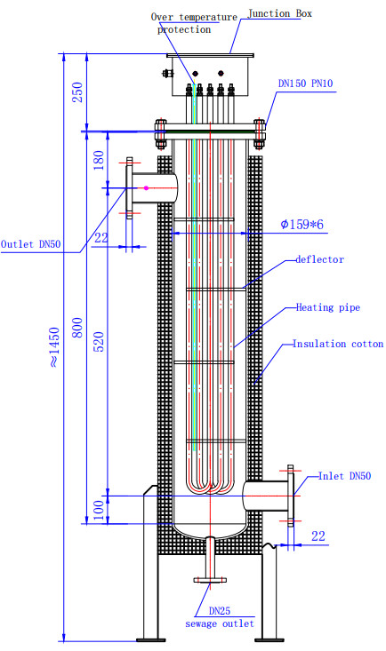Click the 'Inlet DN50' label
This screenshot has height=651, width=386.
click(344, 477)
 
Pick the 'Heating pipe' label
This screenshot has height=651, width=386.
click(324, 308)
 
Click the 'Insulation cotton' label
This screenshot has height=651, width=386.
click(338, 344)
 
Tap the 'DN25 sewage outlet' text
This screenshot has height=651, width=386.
click(219, 617)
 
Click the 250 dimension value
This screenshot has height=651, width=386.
click(77, 93)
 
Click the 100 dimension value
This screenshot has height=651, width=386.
click(99, 509)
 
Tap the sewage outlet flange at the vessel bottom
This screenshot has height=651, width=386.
click(209, 581)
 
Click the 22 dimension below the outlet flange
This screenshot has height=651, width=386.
click(101, 237)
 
